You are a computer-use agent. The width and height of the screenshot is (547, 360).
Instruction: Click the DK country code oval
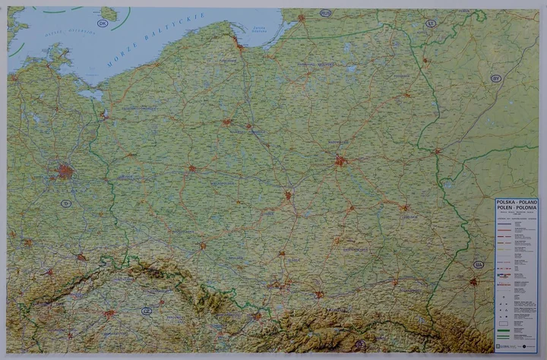tap(103, 23)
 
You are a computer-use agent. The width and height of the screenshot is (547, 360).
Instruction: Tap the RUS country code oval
tap(326, 13)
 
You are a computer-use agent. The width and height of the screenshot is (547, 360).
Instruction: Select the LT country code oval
tap(431, 24)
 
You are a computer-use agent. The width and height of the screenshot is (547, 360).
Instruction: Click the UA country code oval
tap(478, 264)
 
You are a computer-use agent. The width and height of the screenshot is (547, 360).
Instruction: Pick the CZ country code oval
tap(147, 311)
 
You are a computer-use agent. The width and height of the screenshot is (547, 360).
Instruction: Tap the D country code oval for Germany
tap(66, 203)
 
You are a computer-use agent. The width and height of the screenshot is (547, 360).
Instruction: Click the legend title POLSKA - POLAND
tap(516, 203)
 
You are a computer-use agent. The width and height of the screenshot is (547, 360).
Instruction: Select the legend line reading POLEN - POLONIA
tap(516, 208)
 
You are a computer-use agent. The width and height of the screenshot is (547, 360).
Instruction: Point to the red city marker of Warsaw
tap(340, 160)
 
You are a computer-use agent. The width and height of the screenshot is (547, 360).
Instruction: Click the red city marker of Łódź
tap(288, 195)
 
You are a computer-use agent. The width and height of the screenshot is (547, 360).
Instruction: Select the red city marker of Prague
tap(110, 313)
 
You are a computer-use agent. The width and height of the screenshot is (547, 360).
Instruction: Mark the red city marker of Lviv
tap(473, 282)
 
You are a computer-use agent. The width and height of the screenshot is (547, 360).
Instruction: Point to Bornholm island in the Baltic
tap(109, 13)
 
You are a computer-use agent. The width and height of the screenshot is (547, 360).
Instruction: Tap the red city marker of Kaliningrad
tap(302, 17)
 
